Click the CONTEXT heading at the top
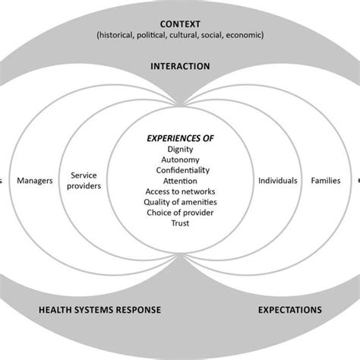(x=180, y=22)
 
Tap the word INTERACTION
(x=180, y=66)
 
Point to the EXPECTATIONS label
(x=290, y=310)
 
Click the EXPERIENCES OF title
(x=180, y=139)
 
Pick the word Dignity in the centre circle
(x=180, y=151)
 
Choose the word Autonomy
(x=180, y=163)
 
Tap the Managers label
(x=34, y=182)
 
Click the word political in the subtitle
(x=155, y=35)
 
